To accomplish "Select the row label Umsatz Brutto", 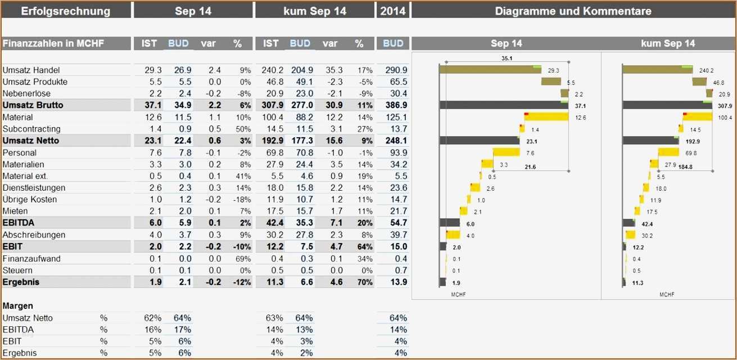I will [x=33, y=105].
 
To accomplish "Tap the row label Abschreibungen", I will [x=34, y=235].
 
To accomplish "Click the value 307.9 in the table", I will [x=272, y=105].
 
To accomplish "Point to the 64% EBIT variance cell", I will [x=365, y=246].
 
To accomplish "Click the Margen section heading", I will [x=18, y=306].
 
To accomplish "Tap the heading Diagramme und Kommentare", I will [x=573, y=11].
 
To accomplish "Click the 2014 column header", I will [x=393, y=11].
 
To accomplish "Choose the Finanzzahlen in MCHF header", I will [x=53, y=43].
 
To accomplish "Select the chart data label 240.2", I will [x=706, y=71].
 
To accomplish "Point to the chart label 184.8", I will [x=685, y=166].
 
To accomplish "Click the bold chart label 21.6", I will [x=530, y=166].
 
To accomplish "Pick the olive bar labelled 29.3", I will [x=490, y=70].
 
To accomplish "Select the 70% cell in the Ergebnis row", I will [x=365, y=282].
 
